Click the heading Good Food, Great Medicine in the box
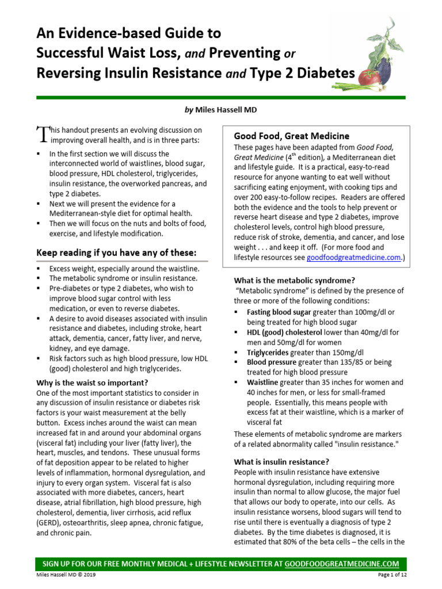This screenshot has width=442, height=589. point(291,136)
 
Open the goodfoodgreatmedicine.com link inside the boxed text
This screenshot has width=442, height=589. point(353,258)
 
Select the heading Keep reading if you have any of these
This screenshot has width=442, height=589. point(116,253)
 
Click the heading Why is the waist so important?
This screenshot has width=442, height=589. point(92,383)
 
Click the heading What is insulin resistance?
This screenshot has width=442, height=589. point(281,461)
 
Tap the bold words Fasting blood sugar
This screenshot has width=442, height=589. point(275,311)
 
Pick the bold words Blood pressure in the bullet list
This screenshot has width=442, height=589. point(272,362)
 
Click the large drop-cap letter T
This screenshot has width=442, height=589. point(43,135)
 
